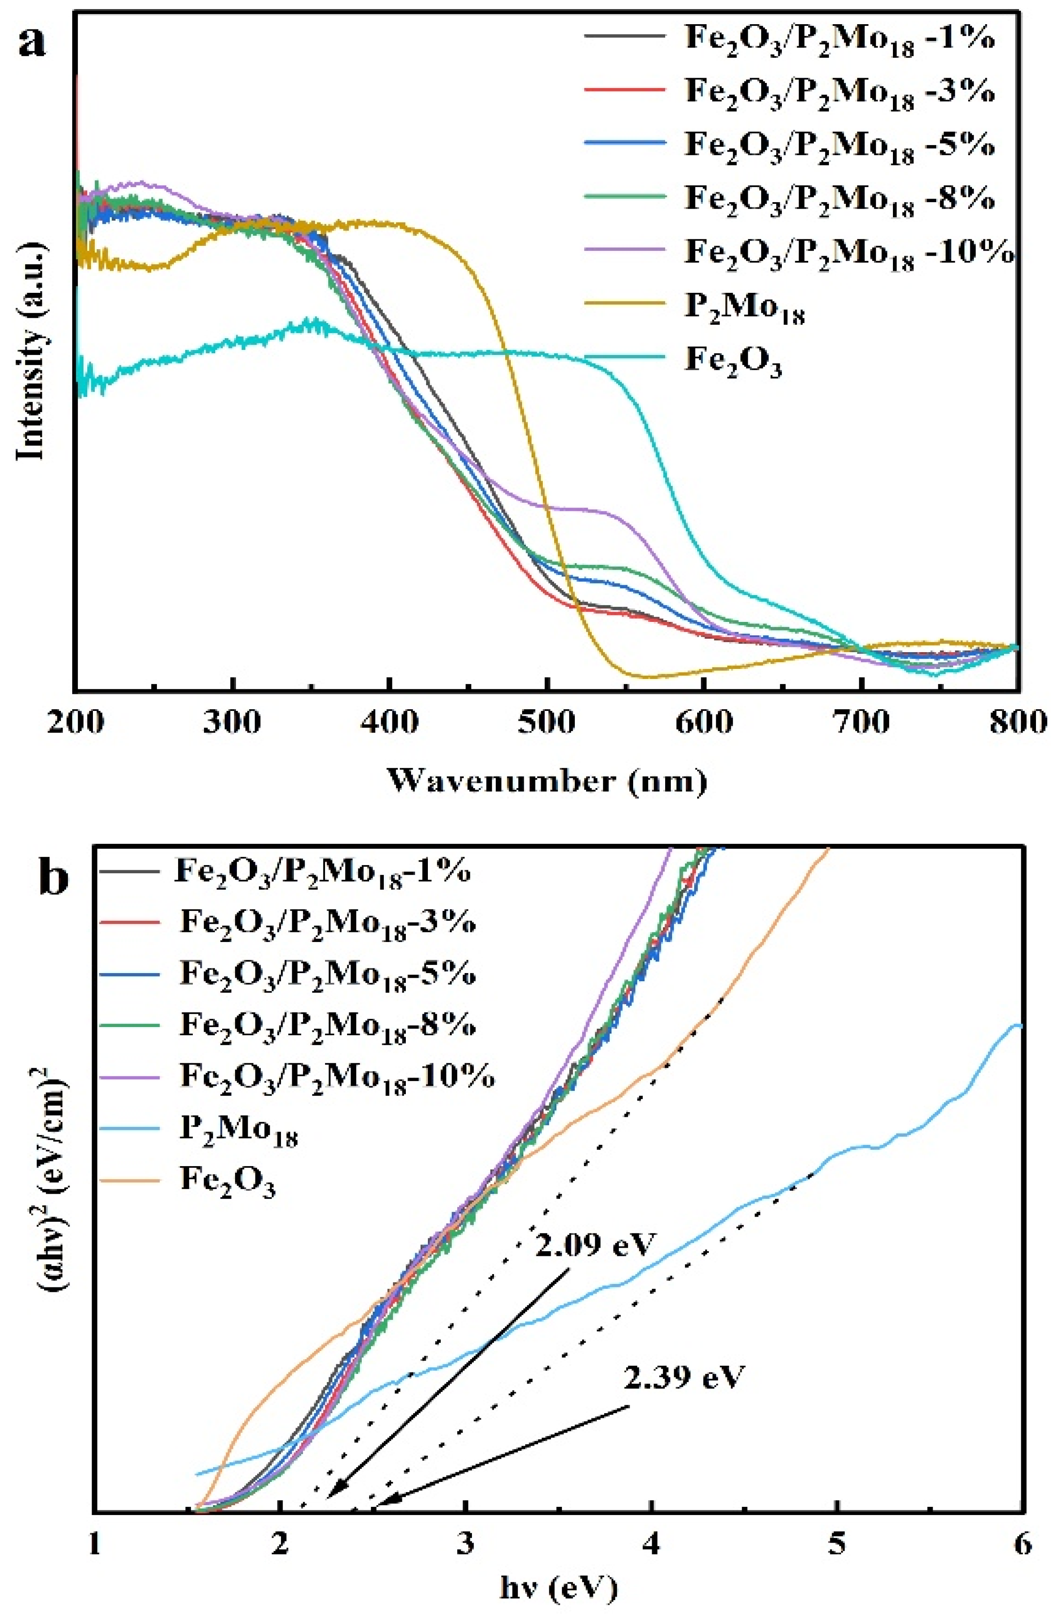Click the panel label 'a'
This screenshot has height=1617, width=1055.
[x=34, y=42]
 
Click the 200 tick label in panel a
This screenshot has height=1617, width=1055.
[x=76, y=722]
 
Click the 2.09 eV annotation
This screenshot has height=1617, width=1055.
[x=595, y=1246]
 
